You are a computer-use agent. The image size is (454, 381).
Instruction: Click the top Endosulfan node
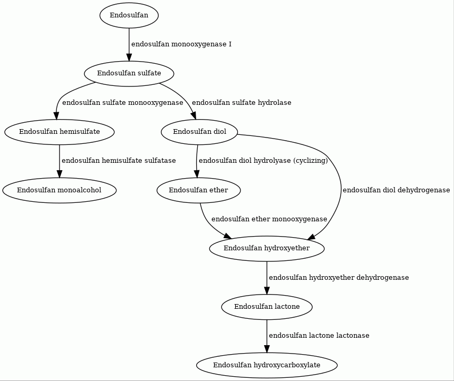[129, 16]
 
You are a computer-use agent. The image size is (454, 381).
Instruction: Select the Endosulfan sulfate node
[129, 73]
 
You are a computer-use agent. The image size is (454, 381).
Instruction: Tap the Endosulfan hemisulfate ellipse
[60, 132]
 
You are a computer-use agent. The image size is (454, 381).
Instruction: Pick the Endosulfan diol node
[199, 132]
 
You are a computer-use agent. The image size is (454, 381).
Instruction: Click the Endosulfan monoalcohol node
[60, 190]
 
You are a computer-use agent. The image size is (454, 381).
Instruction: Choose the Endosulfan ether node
[199, 190]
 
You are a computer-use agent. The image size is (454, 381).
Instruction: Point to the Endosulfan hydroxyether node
[267, 249]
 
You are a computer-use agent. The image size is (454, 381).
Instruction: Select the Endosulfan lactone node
[267, 307]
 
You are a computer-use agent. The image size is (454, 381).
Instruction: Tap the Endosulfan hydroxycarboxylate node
[267, 365]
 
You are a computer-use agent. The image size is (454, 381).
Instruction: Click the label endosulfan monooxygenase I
[181, 44]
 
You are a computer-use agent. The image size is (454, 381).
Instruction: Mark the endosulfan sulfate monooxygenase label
[123, 103]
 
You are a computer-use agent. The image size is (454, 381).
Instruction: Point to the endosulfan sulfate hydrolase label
[242, 103]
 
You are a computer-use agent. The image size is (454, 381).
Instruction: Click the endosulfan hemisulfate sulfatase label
[119, 161]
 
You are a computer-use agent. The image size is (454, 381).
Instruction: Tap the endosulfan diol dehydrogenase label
[397, 190]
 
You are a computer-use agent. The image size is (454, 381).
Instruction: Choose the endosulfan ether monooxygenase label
[269, 219]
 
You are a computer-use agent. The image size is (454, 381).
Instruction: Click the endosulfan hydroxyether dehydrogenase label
[339, 278]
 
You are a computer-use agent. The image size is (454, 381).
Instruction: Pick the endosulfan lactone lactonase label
[319, 336]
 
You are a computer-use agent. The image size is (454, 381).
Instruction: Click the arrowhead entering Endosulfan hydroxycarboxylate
[267, 349]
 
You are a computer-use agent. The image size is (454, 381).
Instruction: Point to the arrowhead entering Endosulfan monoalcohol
[60, 174]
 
